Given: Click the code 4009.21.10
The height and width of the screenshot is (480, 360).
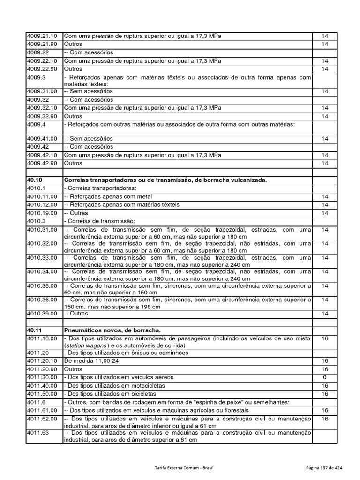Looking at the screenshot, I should click(42, 36).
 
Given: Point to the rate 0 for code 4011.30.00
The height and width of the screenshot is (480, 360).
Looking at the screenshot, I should click(324, 377).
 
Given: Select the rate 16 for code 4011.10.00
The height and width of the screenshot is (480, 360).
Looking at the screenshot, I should click(324, 338).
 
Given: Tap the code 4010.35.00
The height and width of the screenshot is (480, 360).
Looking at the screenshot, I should click(42, 285).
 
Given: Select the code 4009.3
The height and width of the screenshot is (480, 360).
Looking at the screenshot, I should click(36, 77).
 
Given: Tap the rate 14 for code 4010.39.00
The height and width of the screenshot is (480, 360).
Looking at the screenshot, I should click(324, 313).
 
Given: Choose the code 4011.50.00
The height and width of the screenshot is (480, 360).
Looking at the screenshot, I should click(42, 394).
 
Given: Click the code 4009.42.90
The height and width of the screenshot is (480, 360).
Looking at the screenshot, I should click(42, 163).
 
